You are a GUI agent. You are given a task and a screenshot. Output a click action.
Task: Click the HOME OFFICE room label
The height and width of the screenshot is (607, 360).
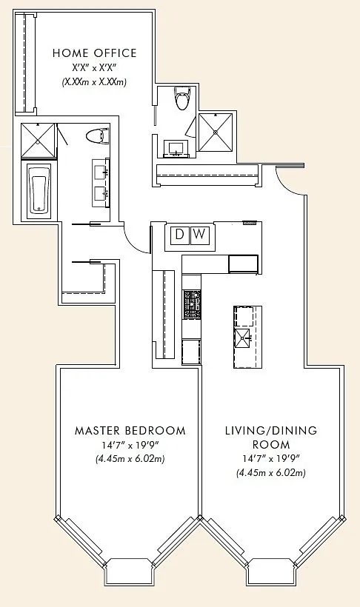[x=95, y=53]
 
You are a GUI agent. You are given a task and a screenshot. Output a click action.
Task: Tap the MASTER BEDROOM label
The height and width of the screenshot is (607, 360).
[x=130, y=431]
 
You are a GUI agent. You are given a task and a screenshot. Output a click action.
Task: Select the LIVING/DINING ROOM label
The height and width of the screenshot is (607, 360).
[x=271, y=437]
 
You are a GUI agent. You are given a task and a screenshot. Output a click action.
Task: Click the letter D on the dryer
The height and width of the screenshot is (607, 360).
[x=179, y=234]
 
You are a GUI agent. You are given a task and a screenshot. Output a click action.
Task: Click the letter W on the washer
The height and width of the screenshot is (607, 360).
[x=199, y=234]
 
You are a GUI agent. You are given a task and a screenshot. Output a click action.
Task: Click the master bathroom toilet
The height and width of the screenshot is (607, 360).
[x=97, y=137]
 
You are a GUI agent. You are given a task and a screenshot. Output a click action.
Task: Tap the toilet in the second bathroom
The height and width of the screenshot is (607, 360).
[x=182, y=98]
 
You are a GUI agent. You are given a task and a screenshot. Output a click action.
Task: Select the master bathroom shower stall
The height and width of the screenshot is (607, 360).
[x=38, y=140]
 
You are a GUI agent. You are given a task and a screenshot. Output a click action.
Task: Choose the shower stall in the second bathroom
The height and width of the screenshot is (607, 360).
[x=216, y=133]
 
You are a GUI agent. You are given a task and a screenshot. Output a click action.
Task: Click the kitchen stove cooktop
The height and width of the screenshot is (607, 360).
[x=192, y=304]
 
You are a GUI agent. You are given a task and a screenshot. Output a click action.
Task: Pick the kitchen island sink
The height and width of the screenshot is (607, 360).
[x=242, y=338]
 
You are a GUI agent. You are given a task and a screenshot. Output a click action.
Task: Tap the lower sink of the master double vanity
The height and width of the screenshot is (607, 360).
[x=101, y=192]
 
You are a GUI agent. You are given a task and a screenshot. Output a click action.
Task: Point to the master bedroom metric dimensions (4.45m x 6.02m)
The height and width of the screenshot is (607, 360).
[x=130, y=459]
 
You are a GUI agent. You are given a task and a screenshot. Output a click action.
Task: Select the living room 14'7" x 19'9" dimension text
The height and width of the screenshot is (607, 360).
[x=271, y=459]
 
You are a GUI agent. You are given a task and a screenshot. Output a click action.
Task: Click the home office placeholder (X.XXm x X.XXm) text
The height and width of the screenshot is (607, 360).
[x=95, y=82]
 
